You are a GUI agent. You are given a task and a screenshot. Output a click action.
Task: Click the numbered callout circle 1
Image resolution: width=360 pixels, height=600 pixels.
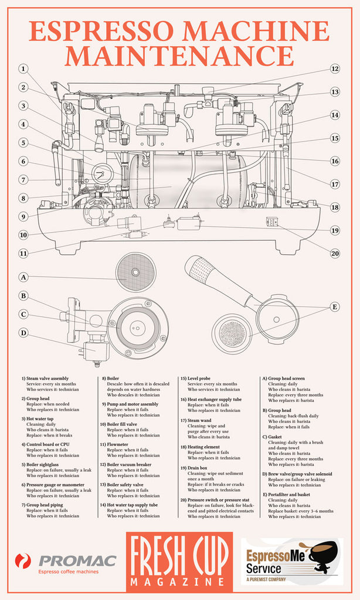tap(23, 69)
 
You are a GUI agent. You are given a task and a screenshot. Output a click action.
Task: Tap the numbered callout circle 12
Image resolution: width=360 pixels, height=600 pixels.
tap(335, 69)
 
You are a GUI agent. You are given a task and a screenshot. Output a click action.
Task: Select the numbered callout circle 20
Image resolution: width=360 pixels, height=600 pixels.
tap(335, 254)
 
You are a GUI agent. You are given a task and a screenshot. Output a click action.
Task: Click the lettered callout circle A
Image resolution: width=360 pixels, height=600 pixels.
tap(23, 277)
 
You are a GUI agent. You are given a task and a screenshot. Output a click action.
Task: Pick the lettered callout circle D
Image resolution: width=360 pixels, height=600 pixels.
tap(23, 333)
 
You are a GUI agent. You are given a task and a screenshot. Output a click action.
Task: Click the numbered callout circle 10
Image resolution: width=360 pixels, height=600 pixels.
tap(23, 235)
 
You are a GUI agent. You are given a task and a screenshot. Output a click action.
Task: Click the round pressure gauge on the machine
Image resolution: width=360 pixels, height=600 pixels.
tap(102, 173)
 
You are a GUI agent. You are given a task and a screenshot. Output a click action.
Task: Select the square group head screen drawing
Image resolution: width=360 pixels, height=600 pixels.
tap(135, 272)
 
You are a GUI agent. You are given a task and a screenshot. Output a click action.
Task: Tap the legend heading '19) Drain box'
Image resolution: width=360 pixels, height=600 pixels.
tap(200, 469)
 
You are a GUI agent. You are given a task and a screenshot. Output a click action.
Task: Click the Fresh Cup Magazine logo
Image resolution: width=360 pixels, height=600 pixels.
tap(179, 561)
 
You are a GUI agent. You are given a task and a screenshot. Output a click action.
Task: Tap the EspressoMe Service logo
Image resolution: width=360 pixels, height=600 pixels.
tap(291, 561)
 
